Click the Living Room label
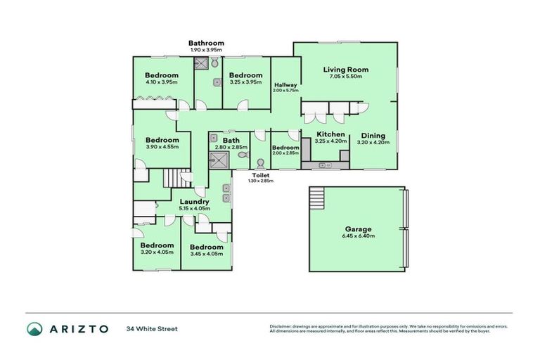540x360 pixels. (345, 70)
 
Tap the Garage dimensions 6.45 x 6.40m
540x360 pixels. (357, 236)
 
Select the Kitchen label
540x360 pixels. (330, 134)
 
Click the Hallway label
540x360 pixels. (285, 84)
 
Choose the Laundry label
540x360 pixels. (193, 201)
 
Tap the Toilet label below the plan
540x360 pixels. (260, 174)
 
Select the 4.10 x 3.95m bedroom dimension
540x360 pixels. (162, 82)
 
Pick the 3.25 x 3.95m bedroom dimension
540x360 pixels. (245, 82)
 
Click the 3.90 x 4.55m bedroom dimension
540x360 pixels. (162, 147)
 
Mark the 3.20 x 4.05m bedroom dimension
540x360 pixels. (157, 252)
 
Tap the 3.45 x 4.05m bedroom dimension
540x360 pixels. (207, 254)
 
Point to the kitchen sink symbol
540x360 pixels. (326, 165)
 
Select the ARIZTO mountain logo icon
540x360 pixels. (34, 328)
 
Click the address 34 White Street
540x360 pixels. (152, 328)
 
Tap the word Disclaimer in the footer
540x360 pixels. (281, 326)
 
